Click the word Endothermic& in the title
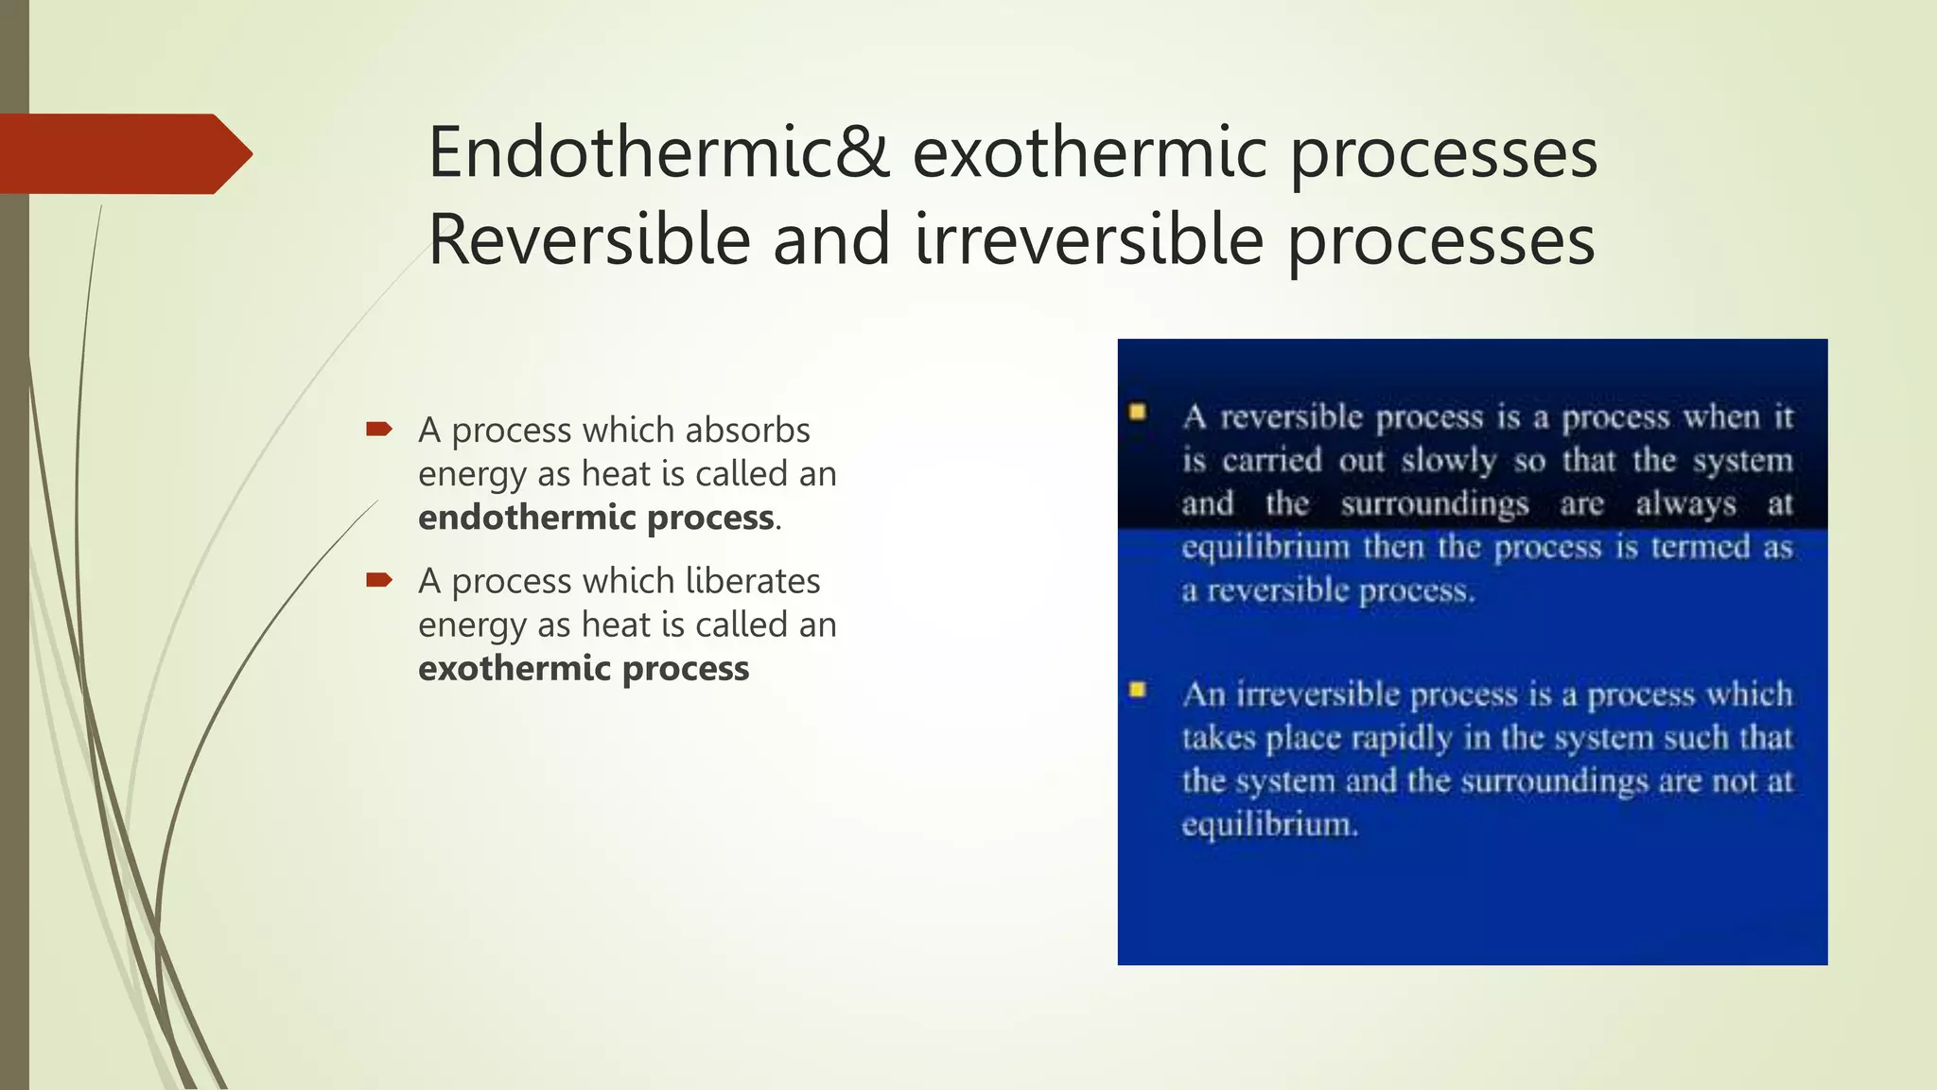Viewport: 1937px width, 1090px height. coord(658,153)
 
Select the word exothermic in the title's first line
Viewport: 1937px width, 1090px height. coord(1089,153)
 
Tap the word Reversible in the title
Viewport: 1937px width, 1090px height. coord(589,240)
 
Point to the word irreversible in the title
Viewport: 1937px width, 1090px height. coord(1089,240)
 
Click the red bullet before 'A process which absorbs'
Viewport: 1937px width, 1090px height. coord(379,430)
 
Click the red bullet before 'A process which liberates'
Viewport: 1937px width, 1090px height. coord(379,580)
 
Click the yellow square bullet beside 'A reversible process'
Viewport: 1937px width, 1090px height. coord(1138,413)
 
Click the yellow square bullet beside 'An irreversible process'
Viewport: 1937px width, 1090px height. coord(1138,690)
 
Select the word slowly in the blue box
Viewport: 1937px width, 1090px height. coord(1449,461)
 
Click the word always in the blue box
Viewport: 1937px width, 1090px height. coord(1685,504)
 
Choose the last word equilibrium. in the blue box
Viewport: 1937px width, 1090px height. coord(1269,825)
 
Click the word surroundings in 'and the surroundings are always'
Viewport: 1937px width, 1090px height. coord(1434,504)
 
